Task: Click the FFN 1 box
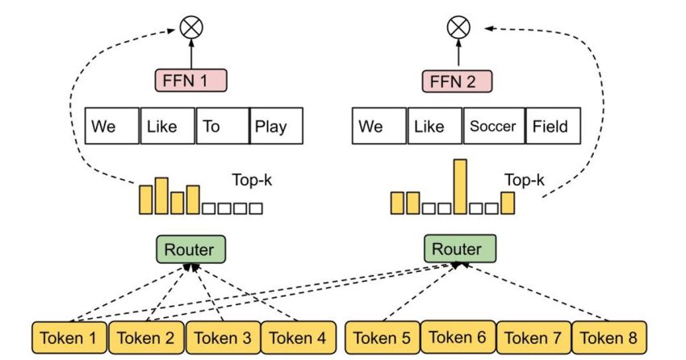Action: click(191, 81)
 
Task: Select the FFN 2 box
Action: click(456, 81)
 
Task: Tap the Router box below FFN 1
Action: click(190, 249)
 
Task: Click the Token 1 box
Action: click(69, 338)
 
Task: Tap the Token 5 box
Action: click(382, 338)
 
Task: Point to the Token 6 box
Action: click(458, 337)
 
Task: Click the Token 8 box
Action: click(609, 338)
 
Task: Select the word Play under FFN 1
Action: click(277, 127)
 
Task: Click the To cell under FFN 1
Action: click(222, 127)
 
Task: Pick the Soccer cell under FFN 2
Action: click(493, 127)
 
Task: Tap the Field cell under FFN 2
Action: click(550, 127)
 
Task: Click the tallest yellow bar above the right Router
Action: click(460, 186)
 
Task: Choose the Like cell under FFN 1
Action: click(167, 127)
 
